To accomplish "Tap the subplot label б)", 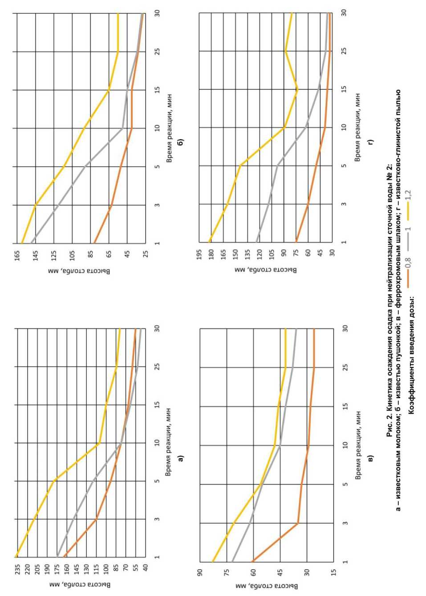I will (180, 142).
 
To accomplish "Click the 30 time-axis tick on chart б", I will (157, 13).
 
